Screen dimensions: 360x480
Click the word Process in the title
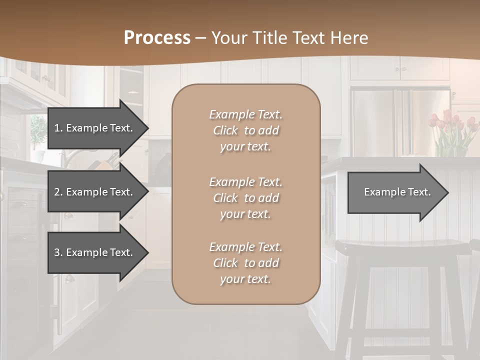tap(157, 38)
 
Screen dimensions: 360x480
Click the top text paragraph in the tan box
tap(245, 130)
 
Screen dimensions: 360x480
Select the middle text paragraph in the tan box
tap(245, 198)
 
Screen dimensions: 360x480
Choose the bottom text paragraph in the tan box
tap(245, 263)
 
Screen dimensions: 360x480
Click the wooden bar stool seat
tap(400, 247)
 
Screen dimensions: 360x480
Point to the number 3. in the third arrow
tap(58, 252)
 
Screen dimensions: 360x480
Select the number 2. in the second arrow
tap(58, 192)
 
